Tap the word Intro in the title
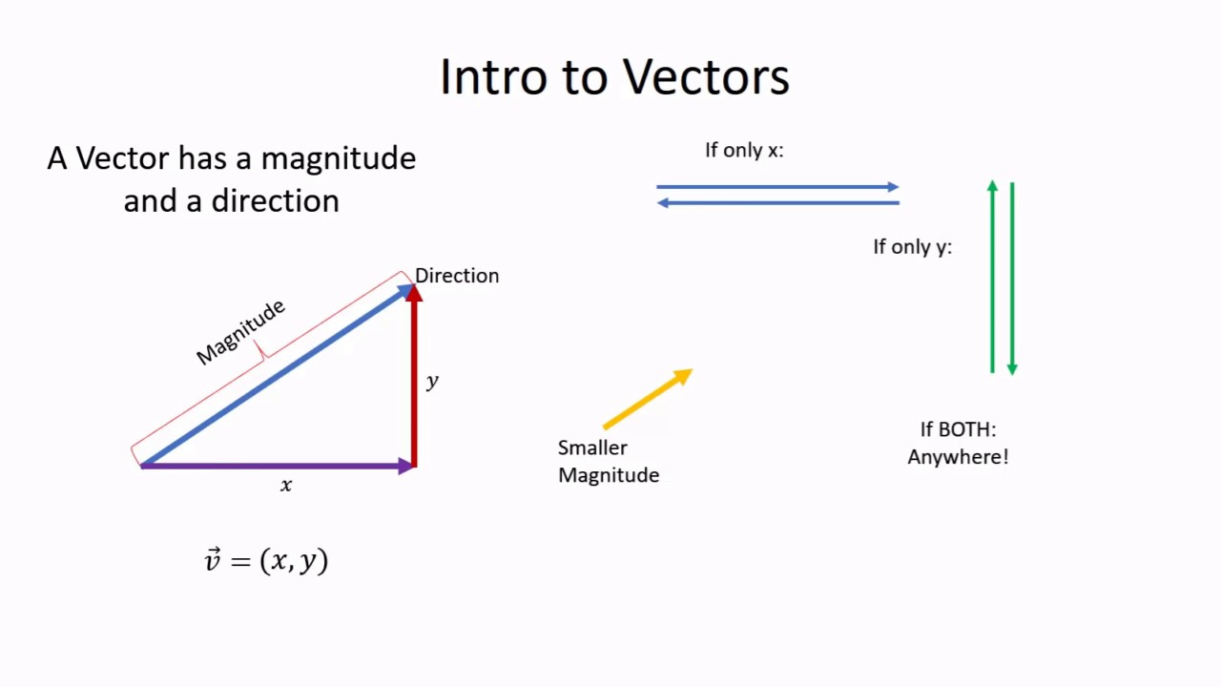[x=493, y=76]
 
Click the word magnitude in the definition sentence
[x=338, y=158]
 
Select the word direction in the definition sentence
[x=275, y=201]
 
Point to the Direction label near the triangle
[x=457, y=276]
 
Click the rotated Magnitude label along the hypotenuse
[x=240, y=332]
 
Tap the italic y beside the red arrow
[x=432, y=381]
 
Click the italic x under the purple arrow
[x=286, y=486]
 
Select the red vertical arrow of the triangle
[x=414, y=382]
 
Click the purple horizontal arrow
[x=277, y=466]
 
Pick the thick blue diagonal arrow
[x=277, y=375]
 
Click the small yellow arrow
[x=647, y=400]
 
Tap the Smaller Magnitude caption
[x=608, y=461]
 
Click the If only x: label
[x=744, y=150]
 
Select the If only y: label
[x=912, y=247]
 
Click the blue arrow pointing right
[x=777, y=187]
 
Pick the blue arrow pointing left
[x=777, y=202]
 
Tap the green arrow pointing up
[x=992, y=277]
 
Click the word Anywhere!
[x=958, y=457]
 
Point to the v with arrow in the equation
[x=213, y=560]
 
